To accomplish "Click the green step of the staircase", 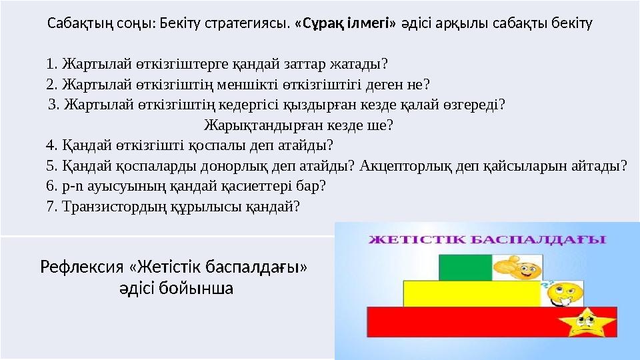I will coord(463,268).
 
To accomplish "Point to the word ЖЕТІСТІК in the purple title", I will coord(412,239).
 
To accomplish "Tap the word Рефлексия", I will coord(82,268).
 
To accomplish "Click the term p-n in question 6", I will coord(72,185).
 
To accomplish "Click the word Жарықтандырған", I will coord(260,125).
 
